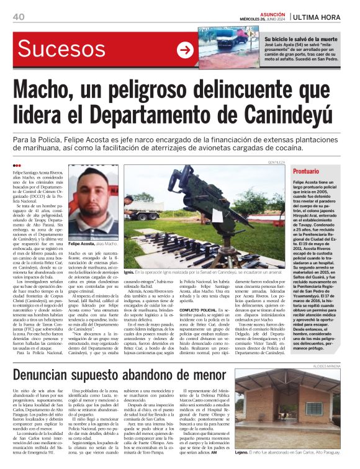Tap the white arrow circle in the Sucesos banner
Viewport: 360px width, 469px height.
[185, 50]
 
